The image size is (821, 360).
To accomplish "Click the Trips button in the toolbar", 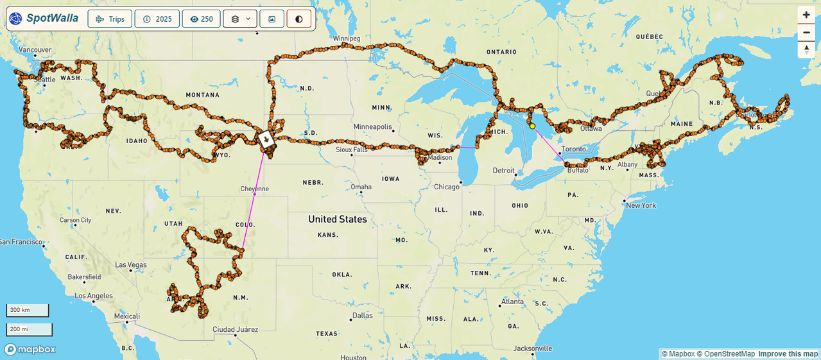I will point(110,19).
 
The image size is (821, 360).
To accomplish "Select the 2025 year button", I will point(157,19).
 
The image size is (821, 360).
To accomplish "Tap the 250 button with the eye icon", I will point(201,19).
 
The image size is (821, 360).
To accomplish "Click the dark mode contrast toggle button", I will point(298,19).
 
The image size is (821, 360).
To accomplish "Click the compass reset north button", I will point(806,50).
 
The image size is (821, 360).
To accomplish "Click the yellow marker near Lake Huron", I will point(532,126).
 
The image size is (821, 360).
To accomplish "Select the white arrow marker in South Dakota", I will point(265,138).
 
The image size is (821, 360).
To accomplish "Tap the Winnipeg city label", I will point(347,39).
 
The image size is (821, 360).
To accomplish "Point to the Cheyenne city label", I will point(254,189).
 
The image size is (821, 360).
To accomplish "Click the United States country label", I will point(337,219).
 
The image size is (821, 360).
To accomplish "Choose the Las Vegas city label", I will point(130,264).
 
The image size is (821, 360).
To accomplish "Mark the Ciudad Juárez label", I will point(235,329).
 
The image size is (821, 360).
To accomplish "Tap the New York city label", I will point(641,205).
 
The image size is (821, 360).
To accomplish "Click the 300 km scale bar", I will point(28,311).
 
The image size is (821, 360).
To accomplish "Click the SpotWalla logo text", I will point(52,19).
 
